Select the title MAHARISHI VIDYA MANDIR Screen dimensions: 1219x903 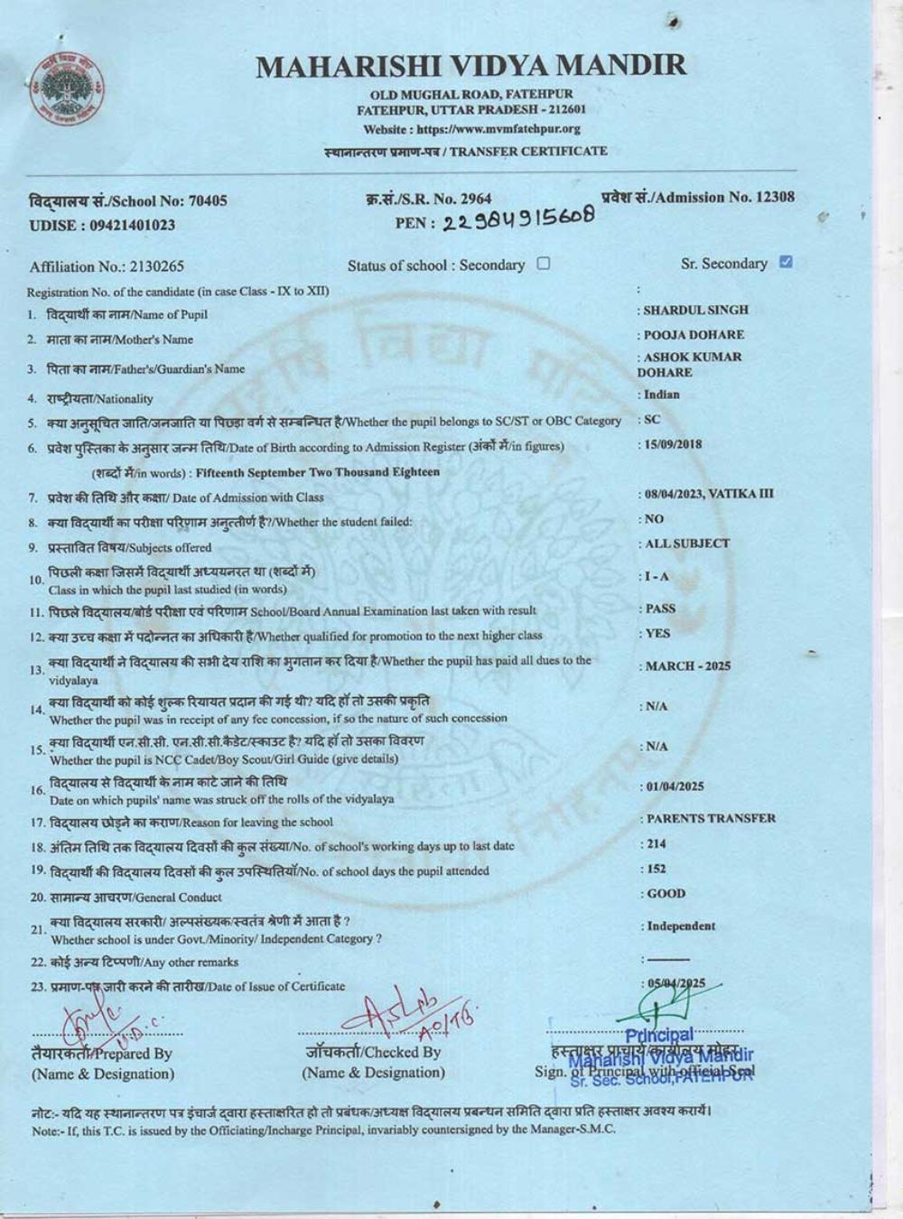point(470,65)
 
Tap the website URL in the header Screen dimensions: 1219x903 point(498,129)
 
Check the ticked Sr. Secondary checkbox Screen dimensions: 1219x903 point(786,262)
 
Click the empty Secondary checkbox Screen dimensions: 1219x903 point(544,264)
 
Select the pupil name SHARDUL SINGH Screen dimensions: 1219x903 point(695,310)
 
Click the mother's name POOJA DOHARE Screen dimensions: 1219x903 point(694,334)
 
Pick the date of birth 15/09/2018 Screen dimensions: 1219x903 point(672,444)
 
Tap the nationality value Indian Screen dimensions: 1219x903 point(661,395)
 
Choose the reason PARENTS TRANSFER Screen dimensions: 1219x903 point(711,818)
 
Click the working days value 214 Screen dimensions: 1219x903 point(656,844)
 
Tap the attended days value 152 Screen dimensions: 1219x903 point(656,869)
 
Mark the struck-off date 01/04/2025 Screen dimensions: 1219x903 point(675,786)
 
